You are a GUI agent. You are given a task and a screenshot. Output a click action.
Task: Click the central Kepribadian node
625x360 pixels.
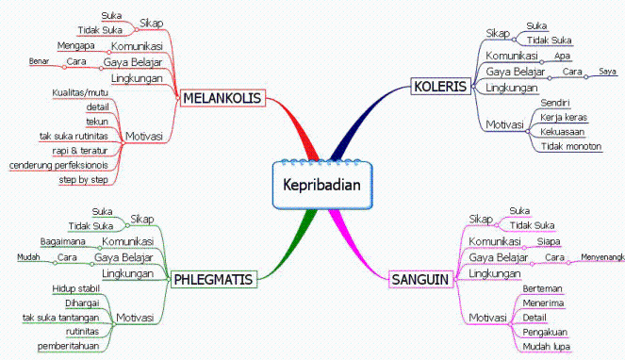click(321, 184)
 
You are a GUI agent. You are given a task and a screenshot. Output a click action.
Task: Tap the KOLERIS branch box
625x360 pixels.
click(440, 88)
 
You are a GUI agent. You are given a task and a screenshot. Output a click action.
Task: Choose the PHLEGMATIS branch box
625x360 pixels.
click(215, 277)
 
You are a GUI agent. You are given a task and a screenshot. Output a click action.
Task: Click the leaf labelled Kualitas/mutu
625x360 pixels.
click(81, 92)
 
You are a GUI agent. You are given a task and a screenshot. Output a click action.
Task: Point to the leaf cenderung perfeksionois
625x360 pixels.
click(58, 165)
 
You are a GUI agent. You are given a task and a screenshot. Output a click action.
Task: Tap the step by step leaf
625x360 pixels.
click(83, 179)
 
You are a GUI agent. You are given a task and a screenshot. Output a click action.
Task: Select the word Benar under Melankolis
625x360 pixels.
click(39, 62)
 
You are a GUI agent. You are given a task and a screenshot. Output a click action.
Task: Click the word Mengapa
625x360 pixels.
click(75, 46)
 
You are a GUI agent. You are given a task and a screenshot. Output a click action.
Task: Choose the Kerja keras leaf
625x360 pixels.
click(563, 117)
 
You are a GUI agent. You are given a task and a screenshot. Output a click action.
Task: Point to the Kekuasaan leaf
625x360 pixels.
click(563, 131)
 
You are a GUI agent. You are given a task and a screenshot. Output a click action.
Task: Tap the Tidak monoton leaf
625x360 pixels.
click(571, 146)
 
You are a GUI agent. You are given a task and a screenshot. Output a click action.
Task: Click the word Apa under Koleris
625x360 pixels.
click(562, 56)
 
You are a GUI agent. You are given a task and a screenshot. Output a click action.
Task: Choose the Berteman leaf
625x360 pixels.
click(544, 288)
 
